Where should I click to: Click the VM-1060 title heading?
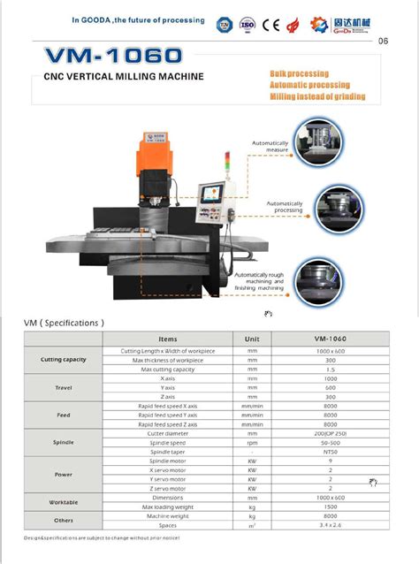115,57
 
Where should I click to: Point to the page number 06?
383,41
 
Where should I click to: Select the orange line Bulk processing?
299,73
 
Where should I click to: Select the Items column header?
168,339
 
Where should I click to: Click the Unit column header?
252,339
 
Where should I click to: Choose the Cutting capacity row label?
64,360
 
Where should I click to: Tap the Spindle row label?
64,442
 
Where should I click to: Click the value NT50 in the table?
329,452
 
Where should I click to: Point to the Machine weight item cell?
168,516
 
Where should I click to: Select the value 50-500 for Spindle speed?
329,442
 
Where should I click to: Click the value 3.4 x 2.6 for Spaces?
329,526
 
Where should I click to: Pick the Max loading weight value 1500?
329,507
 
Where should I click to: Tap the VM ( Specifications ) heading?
64,324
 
